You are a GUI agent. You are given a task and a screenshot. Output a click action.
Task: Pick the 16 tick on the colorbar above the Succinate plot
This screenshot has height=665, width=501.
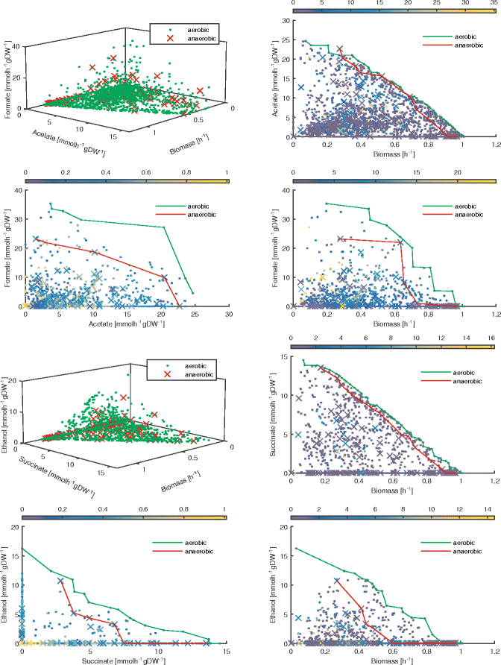491,338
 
